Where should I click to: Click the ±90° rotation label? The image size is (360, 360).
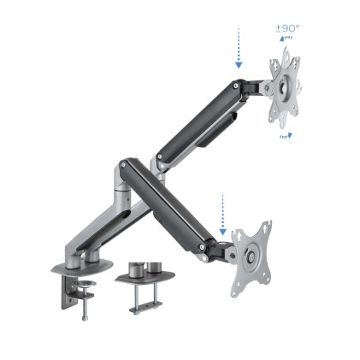[x=286, y=28]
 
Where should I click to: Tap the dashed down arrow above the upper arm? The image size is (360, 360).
[x=239, y=49]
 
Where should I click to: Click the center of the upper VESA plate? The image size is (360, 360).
[x=285, y=87]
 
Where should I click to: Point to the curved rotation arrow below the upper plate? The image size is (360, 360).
[x=286, y=134]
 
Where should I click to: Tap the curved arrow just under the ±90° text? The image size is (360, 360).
[x=288, y=38]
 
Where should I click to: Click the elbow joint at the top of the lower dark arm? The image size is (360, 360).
[x=127, y=168]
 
